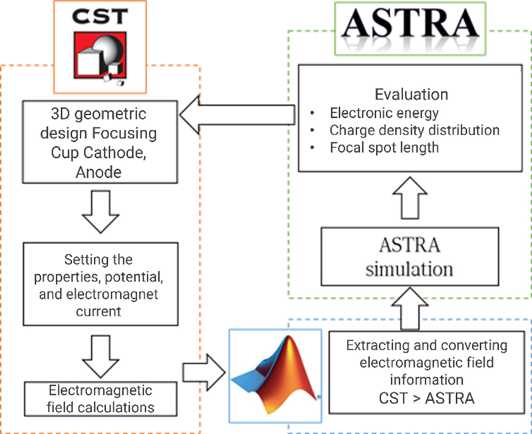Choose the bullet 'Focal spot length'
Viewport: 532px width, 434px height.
click(384, 148)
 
